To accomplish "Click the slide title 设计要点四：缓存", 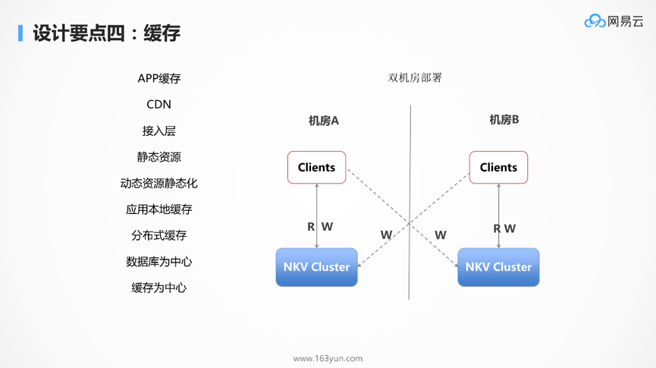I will click(106, 33).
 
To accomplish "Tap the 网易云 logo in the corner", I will click(614, 21).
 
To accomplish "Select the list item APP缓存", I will click(159, 78).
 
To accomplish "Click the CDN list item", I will click(159, 105).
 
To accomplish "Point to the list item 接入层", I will click(159, 131).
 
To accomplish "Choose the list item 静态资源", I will click(159, 157).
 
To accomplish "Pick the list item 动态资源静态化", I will click(159, 183).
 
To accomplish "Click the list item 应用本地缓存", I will click(159, 209).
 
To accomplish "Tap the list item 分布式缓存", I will click(159, 235).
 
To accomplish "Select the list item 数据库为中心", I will click(159, 262).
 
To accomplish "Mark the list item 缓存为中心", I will click(159, 288).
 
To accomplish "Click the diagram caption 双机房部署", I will click(415, 77).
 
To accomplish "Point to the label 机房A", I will click(323, 121).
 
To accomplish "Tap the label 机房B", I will click(504, 120).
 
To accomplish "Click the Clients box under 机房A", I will click(316, 168).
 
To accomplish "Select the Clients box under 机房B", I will click(498, 168).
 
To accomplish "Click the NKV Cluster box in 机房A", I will click(316, 267).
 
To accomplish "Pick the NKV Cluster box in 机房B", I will click(498, 267).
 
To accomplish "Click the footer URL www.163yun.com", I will click(328, 358).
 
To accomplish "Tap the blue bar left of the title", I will click(20, 33).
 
